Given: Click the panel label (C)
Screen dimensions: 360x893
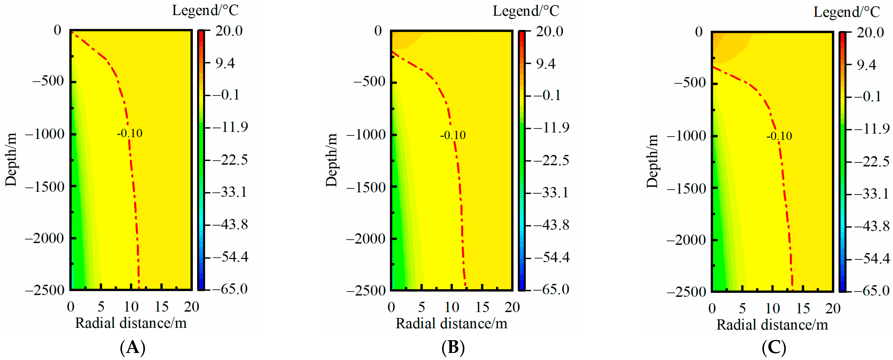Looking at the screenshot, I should pyautogui.click(x=774, y=347).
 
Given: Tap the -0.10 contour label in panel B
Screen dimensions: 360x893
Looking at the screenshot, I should pyautogui.click(x=453, y=135).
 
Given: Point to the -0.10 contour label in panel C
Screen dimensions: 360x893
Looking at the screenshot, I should pyautogui.click(x=779, y=136).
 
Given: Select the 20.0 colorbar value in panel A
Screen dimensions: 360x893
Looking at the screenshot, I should pyautogui.click(x=229, y=31).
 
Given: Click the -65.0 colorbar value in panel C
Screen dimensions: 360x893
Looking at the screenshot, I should pyautogui.click(x=872, y=290).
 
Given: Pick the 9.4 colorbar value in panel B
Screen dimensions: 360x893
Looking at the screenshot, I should pyautogui.click(x=546, y=64).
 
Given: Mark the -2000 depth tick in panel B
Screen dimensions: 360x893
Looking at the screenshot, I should pyautogui.click(x=366, y=239).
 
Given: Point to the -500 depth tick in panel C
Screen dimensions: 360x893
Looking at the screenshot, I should pyautogui.click(x=690, y=83).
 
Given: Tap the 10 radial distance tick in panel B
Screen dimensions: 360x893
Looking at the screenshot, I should pyautogui.click(x=452, y=307).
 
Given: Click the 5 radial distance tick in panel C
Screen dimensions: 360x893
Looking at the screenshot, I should pyautogui.click(x=742, y=308).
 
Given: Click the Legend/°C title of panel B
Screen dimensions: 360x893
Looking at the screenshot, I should pyautogui.click(x=526, y=11).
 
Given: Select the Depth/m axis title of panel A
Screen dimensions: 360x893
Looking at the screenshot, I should pyautogui.click(x=11, y=160).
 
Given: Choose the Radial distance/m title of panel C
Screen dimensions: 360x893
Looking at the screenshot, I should pyautogui.click(x=772, y=325).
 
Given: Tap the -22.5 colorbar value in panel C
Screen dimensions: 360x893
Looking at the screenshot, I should pyautogui.click(x=872, y=161).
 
